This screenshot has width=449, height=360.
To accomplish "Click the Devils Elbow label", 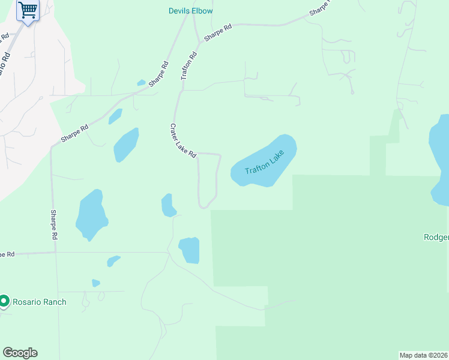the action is [190, 11].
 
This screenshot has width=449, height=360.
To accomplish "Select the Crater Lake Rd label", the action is [183, 141].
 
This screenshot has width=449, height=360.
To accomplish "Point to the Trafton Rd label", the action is [188, 66].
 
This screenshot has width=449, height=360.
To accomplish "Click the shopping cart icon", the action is [27, 10].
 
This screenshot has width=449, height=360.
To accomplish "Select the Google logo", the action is [20, 353].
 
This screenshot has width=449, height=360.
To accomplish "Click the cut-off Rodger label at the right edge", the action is [436, 238].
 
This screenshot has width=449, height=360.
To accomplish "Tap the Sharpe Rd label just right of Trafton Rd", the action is [218, 32].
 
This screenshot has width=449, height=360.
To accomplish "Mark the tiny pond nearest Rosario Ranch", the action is [95, 283].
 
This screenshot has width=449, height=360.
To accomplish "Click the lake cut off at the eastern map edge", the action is [439, 159].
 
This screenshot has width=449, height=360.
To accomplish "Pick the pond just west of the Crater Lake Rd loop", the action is [167, 205].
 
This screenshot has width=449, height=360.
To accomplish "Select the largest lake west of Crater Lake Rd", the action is [91, 214].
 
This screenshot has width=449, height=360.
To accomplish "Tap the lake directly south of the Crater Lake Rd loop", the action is [190, 250].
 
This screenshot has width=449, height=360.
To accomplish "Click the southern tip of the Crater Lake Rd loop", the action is [205, 208].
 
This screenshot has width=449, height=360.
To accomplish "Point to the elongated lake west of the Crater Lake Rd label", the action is [126, 145].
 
